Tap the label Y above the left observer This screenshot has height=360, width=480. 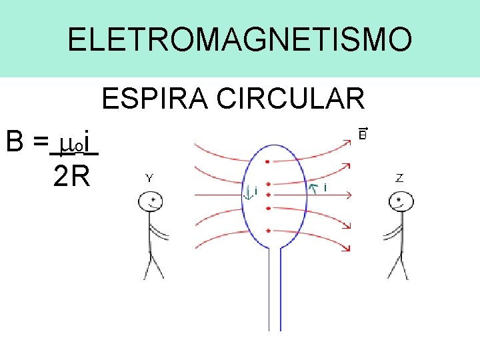150,178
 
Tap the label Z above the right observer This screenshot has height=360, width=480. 399,178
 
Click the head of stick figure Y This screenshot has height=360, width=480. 152,200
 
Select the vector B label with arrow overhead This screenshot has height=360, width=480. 363,133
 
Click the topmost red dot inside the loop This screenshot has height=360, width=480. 267,161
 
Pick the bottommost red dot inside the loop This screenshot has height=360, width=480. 267,230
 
